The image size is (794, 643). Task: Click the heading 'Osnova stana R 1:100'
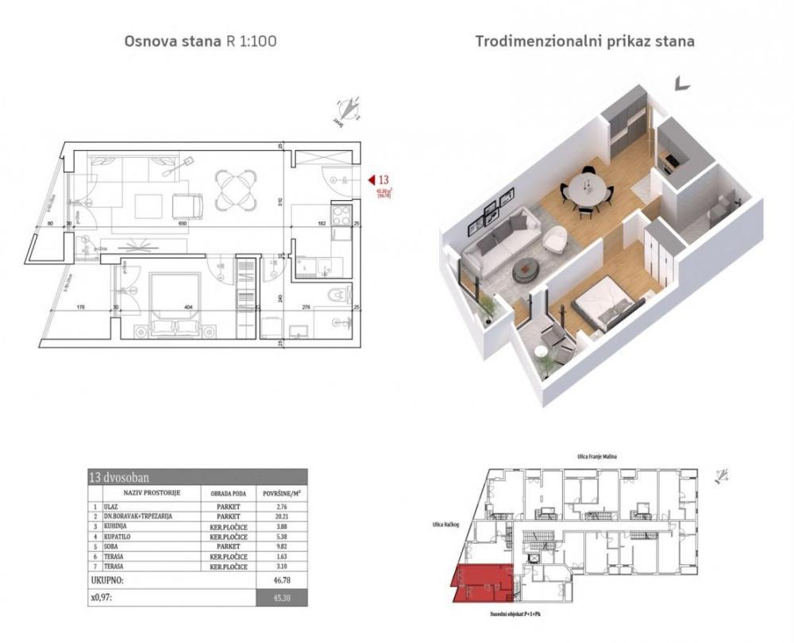(200, 41)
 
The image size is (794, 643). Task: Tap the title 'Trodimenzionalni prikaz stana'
(584, 41)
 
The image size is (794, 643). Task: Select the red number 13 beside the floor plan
(385, 180)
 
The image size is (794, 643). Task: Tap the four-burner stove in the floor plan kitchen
(340, 214)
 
